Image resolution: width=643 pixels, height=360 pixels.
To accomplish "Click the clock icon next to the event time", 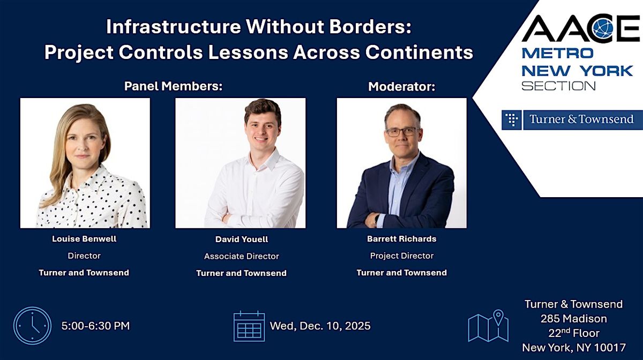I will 33,325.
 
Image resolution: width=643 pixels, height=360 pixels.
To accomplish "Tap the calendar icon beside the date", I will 249,326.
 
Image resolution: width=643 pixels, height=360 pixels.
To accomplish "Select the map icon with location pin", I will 488,326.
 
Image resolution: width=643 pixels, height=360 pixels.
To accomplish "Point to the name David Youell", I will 241,239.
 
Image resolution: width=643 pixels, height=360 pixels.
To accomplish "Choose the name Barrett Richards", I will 401,239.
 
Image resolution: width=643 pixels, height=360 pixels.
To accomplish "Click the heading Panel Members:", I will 173,86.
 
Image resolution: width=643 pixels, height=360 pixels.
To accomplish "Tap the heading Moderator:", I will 401,87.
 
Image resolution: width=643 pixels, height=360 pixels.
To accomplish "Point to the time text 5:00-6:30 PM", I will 95,326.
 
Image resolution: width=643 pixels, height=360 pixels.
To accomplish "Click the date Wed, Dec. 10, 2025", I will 320,326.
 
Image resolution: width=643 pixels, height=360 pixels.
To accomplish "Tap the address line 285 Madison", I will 573,319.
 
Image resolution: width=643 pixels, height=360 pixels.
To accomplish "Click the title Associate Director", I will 241,256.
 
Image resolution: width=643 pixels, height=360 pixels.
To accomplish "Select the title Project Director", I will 401,256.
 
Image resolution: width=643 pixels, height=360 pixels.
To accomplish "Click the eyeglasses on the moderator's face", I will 402,131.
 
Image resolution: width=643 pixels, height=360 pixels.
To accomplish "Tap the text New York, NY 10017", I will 573,347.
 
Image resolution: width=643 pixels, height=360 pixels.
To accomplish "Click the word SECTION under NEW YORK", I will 558,86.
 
